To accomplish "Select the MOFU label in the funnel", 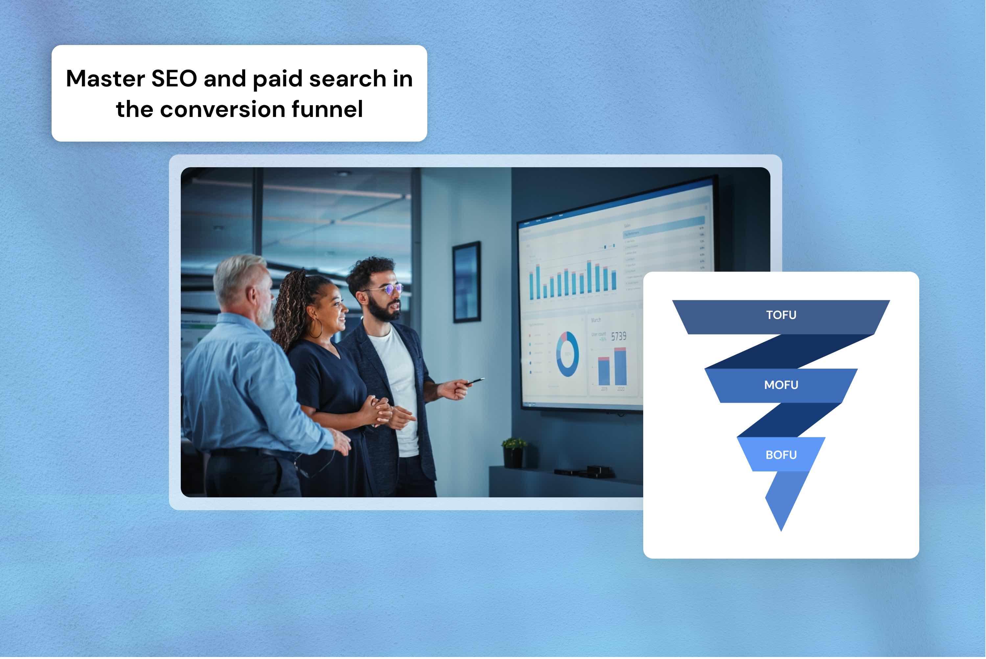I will [781, 385].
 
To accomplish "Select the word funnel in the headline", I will [327, 109].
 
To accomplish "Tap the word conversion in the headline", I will [223, 109].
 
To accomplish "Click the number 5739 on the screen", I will [618, 336].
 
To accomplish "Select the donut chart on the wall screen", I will [567, 354].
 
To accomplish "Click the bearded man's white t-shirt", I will [397, 378].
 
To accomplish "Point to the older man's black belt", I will [252, 453].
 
